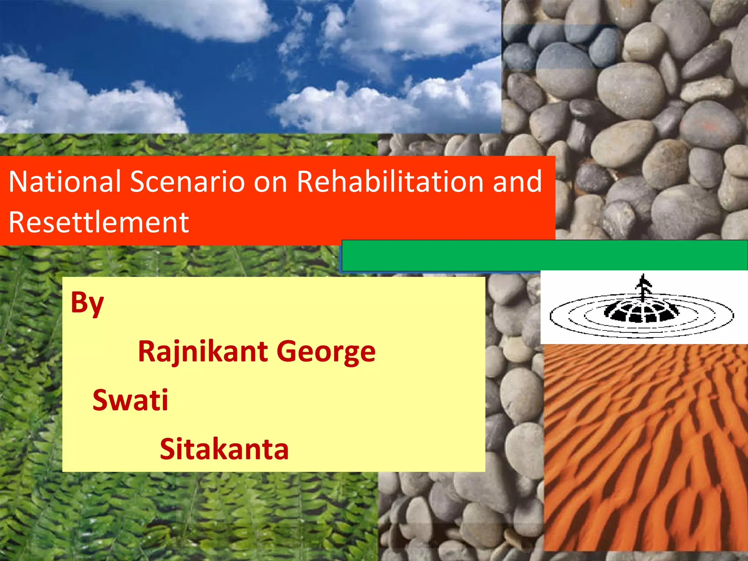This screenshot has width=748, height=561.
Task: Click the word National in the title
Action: pos(65,182)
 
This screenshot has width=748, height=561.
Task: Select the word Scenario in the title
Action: pos(187,182)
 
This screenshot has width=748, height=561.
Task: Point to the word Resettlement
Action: pos(99,222)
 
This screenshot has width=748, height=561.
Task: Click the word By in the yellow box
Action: pos(87,304)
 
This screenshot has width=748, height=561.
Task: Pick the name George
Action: pos(326,352)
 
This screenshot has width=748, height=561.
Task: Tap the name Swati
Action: pos(130,400)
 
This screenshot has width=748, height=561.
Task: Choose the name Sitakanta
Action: pos(224,449)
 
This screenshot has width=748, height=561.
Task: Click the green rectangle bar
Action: pos(544,255)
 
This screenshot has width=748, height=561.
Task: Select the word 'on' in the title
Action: pos(270,182)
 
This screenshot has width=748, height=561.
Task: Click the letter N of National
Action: pos(18,182)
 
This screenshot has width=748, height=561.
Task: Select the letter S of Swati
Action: pos(101,400)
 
